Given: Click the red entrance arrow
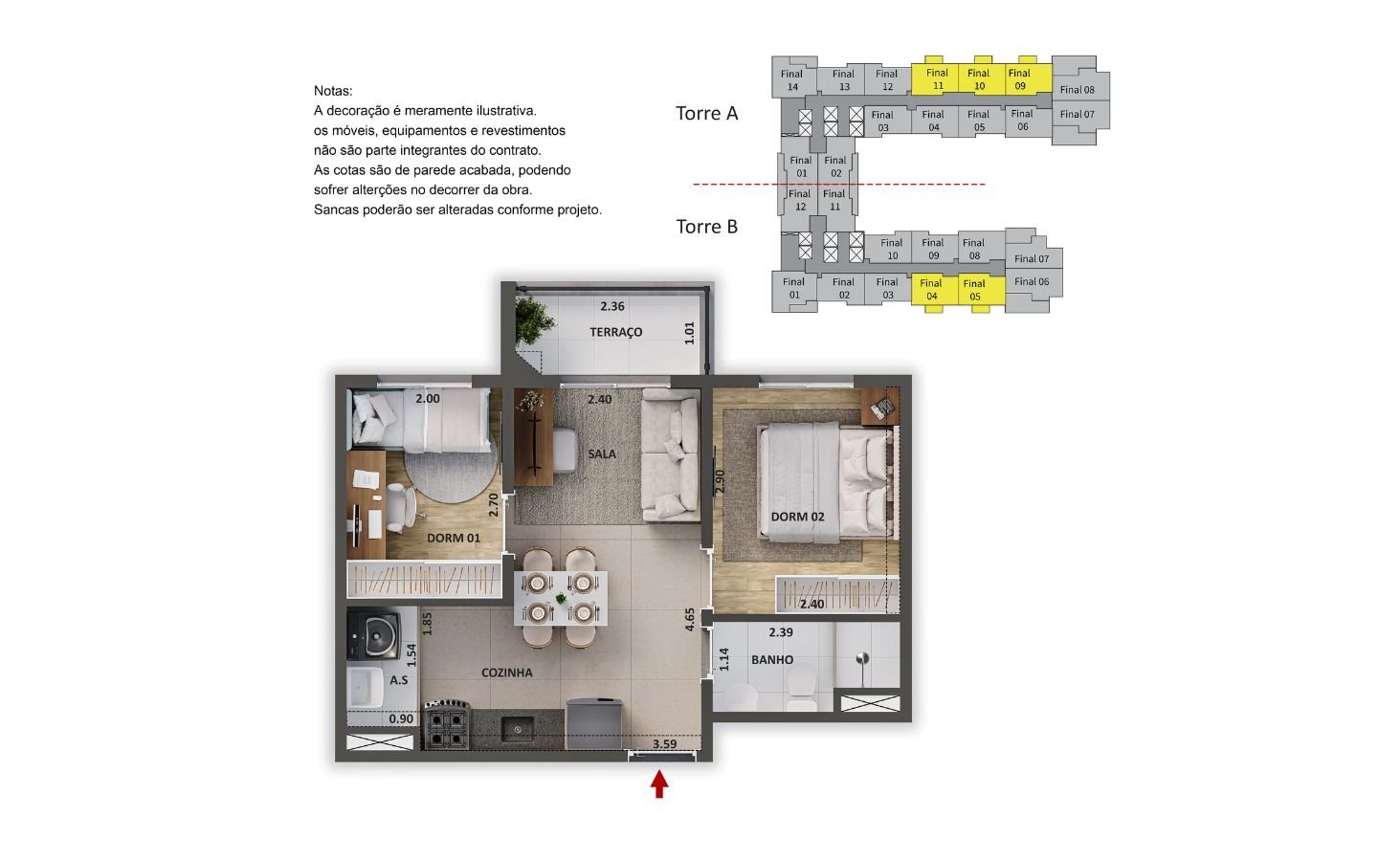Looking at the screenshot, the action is point(659,784).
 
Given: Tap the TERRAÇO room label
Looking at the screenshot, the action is point(616,332).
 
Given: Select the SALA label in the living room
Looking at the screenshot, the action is point(602,453).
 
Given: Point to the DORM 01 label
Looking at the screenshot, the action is point(454,538).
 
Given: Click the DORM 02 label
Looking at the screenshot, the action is point(797,517).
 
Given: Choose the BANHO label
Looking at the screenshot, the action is point(772,660).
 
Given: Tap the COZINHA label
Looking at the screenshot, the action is point(507,673).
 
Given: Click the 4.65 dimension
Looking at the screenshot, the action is point(690,619).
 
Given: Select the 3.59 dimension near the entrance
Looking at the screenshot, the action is point(664,744).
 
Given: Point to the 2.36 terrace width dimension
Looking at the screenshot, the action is point(612,306).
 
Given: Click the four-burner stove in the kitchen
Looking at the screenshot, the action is point(446,726).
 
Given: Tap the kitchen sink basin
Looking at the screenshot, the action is point(518,729).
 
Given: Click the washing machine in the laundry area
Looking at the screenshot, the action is point(374,633).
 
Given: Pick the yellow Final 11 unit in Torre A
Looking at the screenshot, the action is point(935,77).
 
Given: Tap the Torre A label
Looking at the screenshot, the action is point(707,113).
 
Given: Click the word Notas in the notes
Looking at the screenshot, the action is point(333,91).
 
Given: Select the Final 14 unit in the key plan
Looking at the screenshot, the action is point(793,78).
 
